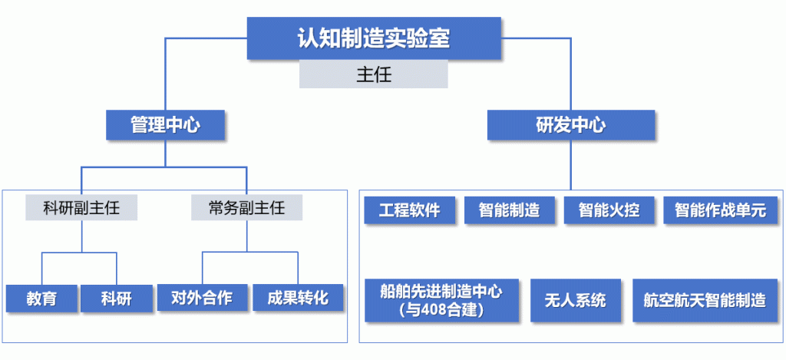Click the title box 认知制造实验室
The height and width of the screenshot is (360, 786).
coord(374,38)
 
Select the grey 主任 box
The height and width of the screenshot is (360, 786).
coord(374,74)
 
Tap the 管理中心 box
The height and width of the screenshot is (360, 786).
coord(166,125)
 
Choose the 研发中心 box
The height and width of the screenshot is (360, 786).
coord(571,125)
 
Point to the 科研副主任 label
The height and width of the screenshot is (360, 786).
coord(81,207)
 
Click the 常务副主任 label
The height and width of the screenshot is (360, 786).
coord(246,207)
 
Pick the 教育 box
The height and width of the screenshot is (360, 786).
coord(41,299)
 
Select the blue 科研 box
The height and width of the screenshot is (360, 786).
coord(117,299)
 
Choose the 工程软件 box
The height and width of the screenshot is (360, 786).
coord(410,210)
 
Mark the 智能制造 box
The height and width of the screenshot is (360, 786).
coord(510,210)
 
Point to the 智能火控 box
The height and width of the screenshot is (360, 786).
coord(609,210)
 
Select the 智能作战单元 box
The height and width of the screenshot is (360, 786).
coord(720,210)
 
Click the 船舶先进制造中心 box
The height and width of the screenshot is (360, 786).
coord(441,300)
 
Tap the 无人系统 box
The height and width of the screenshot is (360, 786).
coord(576,300)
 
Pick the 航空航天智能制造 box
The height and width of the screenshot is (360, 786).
coord(705,300)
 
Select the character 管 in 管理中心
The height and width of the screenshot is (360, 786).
coord(140,125)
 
